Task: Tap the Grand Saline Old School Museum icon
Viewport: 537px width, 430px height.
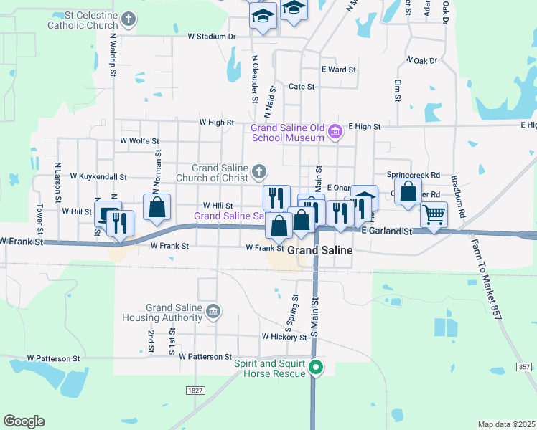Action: pyautogui.click(x=335, y=132)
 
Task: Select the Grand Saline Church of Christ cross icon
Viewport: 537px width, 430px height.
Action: pyautogui.click(x=259, y=171)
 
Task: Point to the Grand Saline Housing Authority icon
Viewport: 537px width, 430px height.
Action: pyautogui.click(x=213, y=312)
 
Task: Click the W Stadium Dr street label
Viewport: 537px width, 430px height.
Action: pyautogui.click(x=212, y=36)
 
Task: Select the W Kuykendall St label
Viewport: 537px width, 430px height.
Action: pyautogui.click(x=98, y=176)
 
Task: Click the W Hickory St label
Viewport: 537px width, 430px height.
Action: pyautogui.click(x=284, y=336)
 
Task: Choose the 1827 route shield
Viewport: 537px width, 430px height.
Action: pyautogui.click(x=195, y=391)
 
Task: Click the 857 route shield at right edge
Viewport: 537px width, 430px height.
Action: pyautogui.click(x=525, y=366)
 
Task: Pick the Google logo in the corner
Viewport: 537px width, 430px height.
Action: pyautogui.click(x=24, y=421)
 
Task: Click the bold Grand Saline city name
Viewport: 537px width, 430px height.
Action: pyautogui.click(x=320, y=251)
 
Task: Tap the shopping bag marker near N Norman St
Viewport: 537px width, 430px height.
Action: pyautogui.click(x=157, y=207)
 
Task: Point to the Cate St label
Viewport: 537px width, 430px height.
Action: pyautogui.click(x=302, y=87)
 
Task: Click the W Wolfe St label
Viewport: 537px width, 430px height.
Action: pyautogui.click(x=139, y=140)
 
